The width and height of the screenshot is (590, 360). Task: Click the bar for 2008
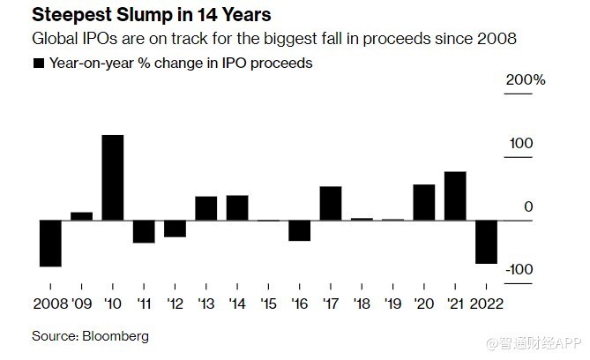pyautogui.click(x=49, y=243)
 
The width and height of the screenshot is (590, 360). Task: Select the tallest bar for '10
pyautogui.click(x=112, y=177)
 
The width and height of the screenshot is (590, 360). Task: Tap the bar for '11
pyautogui.click(x=144, y=231)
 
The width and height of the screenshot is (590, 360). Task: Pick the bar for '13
pyautogui.click(x=205, y=208)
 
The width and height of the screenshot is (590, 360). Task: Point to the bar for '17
pyautogui.click(x=331, y=203)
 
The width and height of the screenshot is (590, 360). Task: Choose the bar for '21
pyautogui.click(x=455, y=196)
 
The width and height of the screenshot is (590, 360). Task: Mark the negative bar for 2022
pyautogui.click(x=486, y=241)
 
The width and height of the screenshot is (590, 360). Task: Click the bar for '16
pyautogui.click(x=299, y=229)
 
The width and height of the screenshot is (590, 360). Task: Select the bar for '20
pyautogui.click(x=423, y=202)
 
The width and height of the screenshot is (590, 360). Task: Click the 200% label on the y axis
pyautogui.click(x=526, y=80)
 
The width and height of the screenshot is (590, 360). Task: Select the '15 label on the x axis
pyautogui.click(x=268, y=304)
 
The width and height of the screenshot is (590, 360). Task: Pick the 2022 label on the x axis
pyautogui.click(x=488, y=304)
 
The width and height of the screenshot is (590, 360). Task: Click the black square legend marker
pyautogui.click(x=38, y=64)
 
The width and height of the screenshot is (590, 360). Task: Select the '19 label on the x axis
pyautogui.click(x=392, y=304)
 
